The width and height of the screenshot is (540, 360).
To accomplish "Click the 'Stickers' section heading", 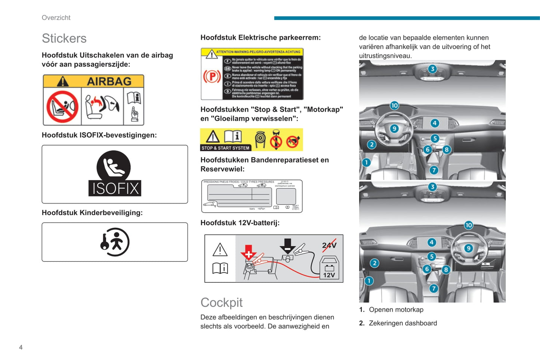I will (x=64, y=38).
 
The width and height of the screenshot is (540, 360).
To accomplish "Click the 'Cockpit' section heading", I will (x=221, y=302).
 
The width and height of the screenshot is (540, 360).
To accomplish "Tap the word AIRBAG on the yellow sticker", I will (x=109, y=81).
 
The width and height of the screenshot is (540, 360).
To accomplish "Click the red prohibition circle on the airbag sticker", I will (x=62, y=107).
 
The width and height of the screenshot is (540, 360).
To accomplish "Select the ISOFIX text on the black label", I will (x=115, y=189).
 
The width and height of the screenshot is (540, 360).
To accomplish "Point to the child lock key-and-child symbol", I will (x=114, y=242).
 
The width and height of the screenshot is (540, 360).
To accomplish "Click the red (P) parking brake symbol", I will (x=212, y=77).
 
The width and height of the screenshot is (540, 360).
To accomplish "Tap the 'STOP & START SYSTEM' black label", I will (x=225, y=148).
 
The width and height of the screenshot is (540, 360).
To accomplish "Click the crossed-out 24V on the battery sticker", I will (x=329, y=245).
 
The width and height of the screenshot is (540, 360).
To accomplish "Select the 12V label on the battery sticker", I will (x=329, y=275).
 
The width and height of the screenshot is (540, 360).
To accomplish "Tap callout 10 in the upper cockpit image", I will (x=394, y=105).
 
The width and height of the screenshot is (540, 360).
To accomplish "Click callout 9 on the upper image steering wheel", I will (x=394, y=129).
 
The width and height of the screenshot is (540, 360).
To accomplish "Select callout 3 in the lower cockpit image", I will (x=432, y=187).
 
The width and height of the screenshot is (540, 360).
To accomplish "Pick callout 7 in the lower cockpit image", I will (x=433, y=288).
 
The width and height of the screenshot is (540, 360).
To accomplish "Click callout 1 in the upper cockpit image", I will (x=366, y=162).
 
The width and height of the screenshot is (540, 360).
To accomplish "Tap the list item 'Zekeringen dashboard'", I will (x=402, y=323).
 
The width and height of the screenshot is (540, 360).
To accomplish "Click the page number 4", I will (x=21, y=347).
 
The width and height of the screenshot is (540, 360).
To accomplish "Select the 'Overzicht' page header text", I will (x=56, y=18).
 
